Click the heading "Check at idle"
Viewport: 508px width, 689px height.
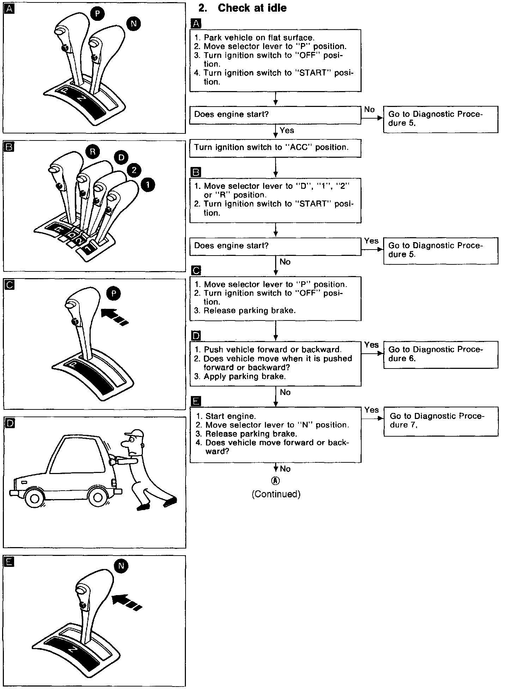(x=252, y=8)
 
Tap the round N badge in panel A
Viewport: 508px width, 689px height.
(x=133, y=24)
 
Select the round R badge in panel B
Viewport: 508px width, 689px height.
(x=93, y=152)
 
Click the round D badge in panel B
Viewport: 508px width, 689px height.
(x=121, y=157)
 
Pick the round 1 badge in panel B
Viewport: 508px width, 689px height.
(x=148, y=184)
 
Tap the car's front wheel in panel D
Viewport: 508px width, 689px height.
(x=34, y=499)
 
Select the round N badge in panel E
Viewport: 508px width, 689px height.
(x=121, y=566)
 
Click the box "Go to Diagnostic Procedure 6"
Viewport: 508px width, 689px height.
(x=441, y=354)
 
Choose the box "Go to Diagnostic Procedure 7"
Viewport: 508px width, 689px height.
(x=441, y=421)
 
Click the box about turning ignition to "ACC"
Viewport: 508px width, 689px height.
(x=275, y=148)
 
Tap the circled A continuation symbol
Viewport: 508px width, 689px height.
(x=276, y=481)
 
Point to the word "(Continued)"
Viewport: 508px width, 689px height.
(x=276, y=494)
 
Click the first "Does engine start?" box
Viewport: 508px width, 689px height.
(x=275, y=115)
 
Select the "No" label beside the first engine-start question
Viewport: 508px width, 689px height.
(x=369, y=109)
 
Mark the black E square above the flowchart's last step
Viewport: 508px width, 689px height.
(x=196, y=401)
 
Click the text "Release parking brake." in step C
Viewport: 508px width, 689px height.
(x=249, y=311)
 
